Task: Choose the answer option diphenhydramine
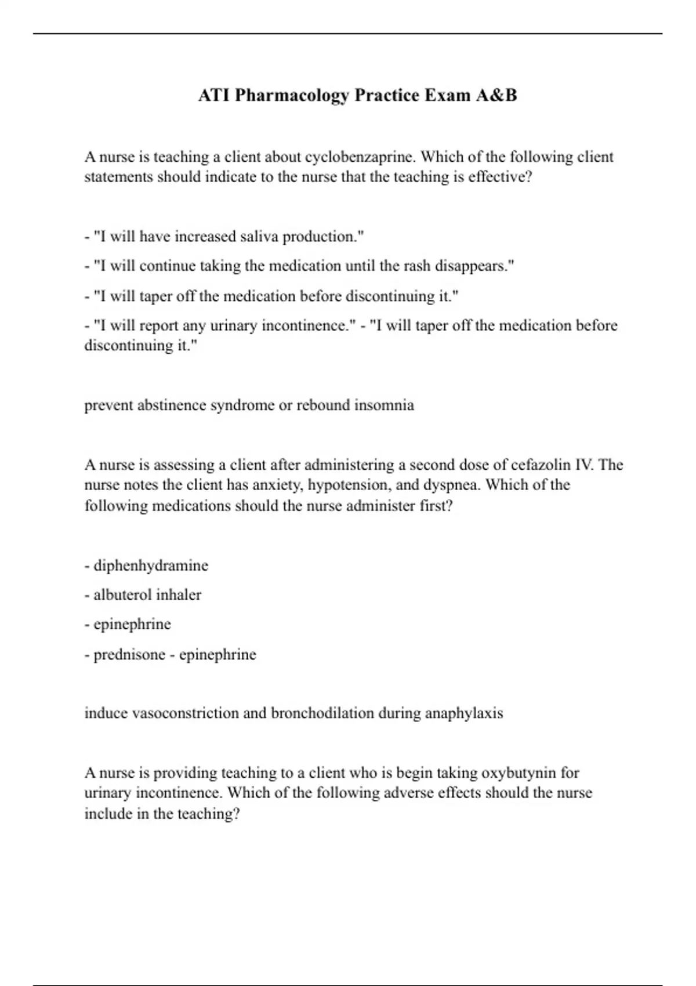[151, 565]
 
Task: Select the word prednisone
[129, 655]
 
